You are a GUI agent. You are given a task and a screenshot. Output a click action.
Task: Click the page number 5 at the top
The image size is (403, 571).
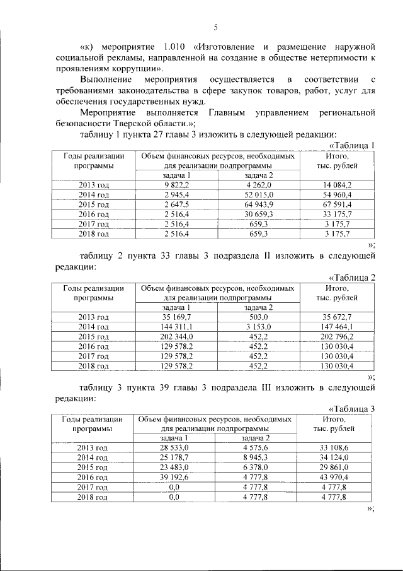tap(215, 27)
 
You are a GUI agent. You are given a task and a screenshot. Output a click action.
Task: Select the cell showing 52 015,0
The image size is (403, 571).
tap(258, 196)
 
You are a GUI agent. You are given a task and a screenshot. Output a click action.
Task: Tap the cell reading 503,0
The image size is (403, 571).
tap(258, 317)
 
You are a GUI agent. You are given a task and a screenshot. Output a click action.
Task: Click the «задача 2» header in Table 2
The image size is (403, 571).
tap(258, 307)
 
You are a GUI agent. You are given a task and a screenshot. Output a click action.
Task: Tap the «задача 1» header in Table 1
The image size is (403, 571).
tap(177, 175)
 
